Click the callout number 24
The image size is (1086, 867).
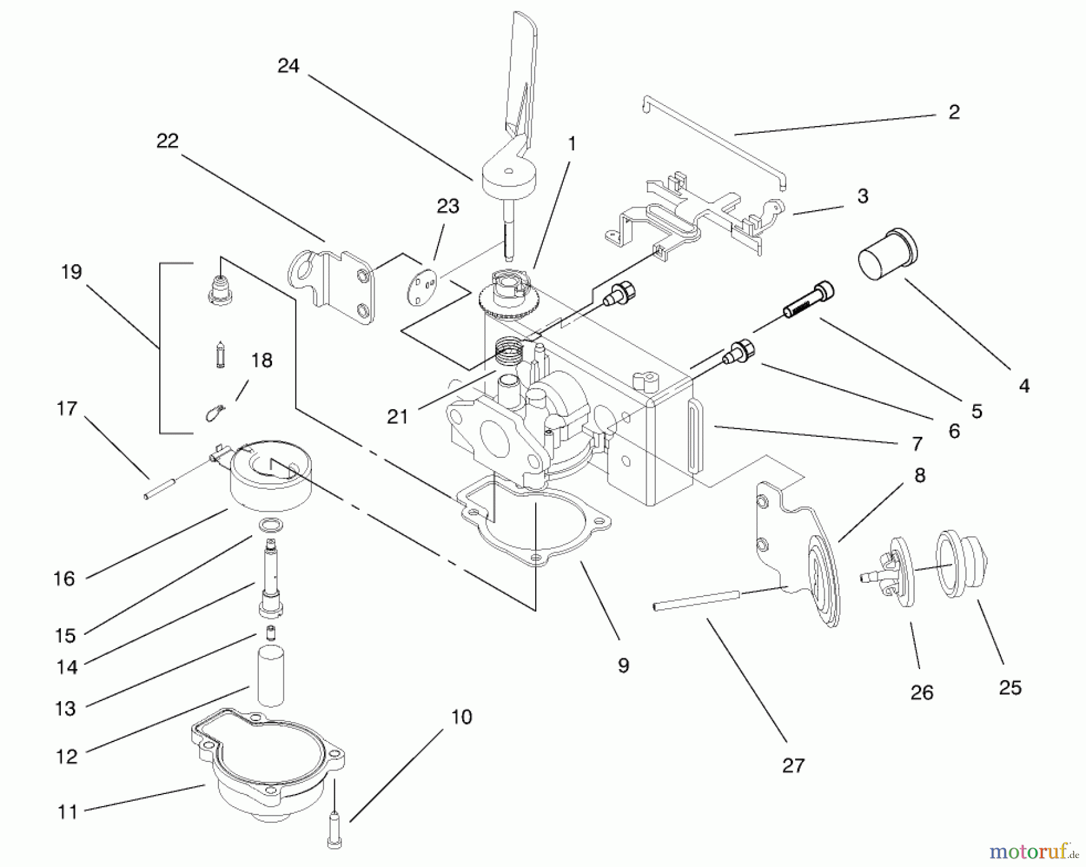(x=288, y=66)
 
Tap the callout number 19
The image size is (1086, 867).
(x=71, y=272)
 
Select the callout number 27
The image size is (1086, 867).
(x=793, y=766)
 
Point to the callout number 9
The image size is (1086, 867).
(x=623, y=665)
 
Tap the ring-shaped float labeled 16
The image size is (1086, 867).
(x=270, y=477)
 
